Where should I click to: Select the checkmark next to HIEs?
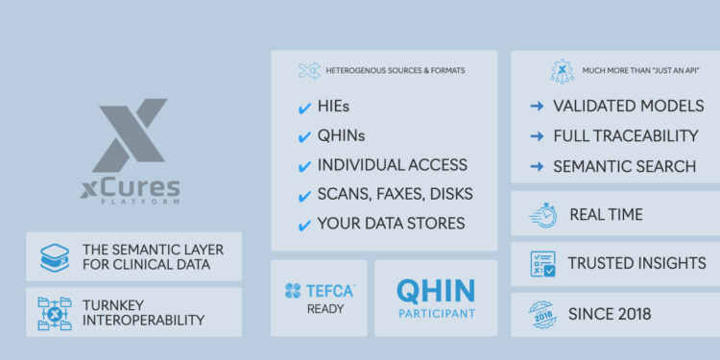303,108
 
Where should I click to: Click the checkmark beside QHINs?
303,136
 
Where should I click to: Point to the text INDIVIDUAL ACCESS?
393,165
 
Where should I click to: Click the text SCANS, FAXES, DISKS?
396,194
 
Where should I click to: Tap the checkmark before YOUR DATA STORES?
303,224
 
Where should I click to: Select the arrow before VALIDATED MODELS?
537,106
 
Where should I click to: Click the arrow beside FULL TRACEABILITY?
537,135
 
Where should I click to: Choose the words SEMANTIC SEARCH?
625,166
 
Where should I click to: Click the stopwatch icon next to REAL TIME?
542,214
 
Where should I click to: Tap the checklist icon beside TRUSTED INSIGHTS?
542,262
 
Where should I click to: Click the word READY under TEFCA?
319,310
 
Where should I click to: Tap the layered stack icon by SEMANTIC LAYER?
55,256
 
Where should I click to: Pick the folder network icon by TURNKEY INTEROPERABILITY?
55,312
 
